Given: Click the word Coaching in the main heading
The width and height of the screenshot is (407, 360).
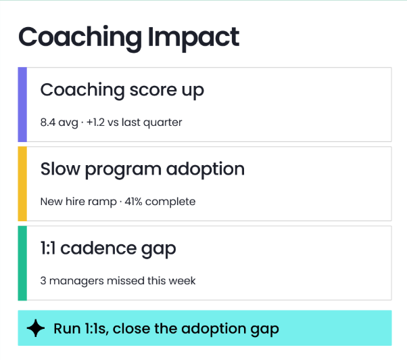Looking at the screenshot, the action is pyautogui.click(x=80, y=39).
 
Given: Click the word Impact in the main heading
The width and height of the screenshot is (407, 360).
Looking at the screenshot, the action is pyautogui.click(x=193, y=39).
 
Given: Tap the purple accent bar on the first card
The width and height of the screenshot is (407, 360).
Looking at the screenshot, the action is pyautogui.click(x=22, y=105).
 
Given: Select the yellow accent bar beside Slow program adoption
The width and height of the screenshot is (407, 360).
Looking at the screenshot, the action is pyautogui.click(x=22, y=184).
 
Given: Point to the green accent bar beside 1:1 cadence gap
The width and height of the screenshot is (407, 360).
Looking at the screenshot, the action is pyautogui.click(x=22, y=263).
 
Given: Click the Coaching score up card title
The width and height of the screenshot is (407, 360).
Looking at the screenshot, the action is pyautogui.click(x=122, y=91).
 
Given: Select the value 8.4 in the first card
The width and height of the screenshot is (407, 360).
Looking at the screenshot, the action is pyautogui.click(x=48, y=122).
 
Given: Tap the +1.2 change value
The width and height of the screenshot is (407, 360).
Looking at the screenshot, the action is pyautogui.click(x=95, y=122).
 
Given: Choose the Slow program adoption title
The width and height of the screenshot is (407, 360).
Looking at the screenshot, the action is pyautogui.click(x=142, y=170).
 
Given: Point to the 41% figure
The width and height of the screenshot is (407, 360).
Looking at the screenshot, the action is pyautogui.click(x=133, y=202).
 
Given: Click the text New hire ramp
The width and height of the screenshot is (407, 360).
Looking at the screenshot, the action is pyautogui.click(x=78, y=202).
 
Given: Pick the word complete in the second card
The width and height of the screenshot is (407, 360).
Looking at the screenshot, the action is pyautogui.click(x=170, y=202).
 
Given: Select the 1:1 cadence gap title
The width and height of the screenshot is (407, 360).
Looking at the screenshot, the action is pyautogui.click(x=108, y=249).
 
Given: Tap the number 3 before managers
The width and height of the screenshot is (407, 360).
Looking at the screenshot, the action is pyautogui.click(x=43, y=281).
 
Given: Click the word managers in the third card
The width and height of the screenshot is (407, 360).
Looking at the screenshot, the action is pyautogui.click(x=76, y=282).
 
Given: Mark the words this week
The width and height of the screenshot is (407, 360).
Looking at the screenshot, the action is pyautogui.click(x=171, y=281).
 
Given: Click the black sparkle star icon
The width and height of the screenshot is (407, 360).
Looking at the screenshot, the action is pyautogui.click(x=36, y=328).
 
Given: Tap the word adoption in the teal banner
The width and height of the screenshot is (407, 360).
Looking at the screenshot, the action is pyautogui.click(x=214, y=329).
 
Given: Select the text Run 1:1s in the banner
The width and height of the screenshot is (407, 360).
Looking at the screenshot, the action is pyautogui.click(x=80, y=329).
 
